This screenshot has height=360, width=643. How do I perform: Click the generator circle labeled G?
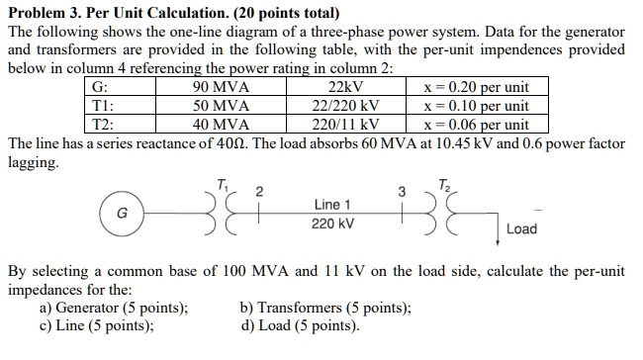coord(122,212)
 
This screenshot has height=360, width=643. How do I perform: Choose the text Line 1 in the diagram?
coord(332,204)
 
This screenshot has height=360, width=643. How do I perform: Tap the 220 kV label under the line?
coord(332,224)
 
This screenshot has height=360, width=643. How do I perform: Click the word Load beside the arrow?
coord(521,229)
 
